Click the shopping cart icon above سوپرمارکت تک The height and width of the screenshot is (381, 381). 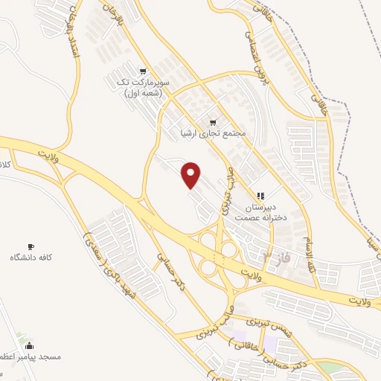click(143, 70)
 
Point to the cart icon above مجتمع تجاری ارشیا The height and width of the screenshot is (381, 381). click(213, 122)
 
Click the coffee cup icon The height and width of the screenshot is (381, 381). click(31, 246)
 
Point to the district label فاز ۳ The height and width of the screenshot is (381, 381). click(276, 257)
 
